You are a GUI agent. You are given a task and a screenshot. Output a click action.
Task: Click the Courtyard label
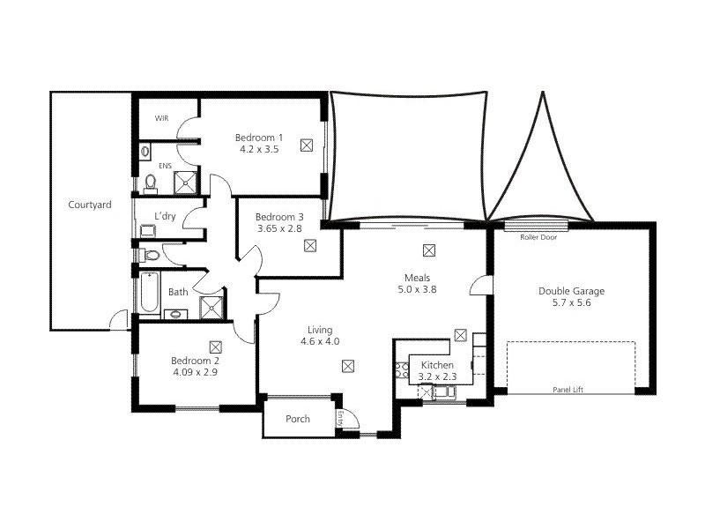pyautogui.click(x=90, y=205)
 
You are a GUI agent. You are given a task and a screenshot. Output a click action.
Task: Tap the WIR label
pyautogui.click(x=161, y=118)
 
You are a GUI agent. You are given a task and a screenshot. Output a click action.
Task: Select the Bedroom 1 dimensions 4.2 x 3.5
pyautogui.click(x=259, y=149)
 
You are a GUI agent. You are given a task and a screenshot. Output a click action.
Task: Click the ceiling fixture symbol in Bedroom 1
pyautogui.click(x=307, y=145)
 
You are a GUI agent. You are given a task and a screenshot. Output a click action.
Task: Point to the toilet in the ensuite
pyautogui.click(x=150, y=184)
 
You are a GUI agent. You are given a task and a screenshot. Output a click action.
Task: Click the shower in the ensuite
pyautogui.click(x=185, y=183)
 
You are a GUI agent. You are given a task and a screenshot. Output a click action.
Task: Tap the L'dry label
pyautogui.click(x=165, y=216)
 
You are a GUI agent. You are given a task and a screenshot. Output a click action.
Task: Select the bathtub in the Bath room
pyautogui.click(x=149, y=293)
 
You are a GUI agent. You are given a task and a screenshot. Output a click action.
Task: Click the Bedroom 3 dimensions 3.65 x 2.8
pyautogui.click(x=279, y=228)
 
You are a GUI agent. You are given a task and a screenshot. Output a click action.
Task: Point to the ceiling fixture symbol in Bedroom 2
pyautogui.click(x=216, y=346)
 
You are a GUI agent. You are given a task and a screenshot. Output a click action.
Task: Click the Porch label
pyautogui.click(x=298, y=419)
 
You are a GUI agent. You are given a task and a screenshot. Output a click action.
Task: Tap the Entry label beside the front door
pyautogui.click(x=340, y=418)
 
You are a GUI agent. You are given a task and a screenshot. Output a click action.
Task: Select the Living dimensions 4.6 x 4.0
pyautogui.click(x=320, y=341)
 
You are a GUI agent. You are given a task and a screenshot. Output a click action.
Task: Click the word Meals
pyautogui.click(x=417, y=278)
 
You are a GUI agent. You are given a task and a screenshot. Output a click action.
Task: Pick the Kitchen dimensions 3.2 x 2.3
pyautogui.click(x=437, y=376)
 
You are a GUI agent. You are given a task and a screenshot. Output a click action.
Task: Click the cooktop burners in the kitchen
pyautogui.click(x=402, y=370)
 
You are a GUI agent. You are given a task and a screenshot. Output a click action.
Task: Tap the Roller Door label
pyautogui.click(x=538, y=237)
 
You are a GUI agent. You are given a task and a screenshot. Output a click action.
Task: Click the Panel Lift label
pyautogui.click(x=568, y=390)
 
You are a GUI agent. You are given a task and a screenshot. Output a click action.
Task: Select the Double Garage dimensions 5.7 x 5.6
pyautogui.click(x=571, y=302)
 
